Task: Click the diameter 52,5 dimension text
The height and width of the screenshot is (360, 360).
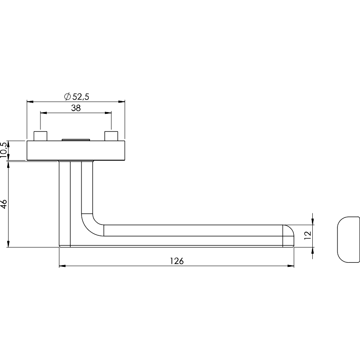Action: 76,97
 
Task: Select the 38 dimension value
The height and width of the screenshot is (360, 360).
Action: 76,108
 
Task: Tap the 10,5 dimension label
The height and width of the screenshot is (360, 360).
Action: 4,150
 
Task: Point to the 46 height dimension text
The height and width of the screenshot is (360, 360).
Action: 4,204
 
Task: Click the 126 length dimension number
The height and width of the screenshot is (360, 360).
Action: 177,261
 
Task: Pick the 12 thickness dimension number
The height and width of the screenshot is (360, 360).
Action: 307,235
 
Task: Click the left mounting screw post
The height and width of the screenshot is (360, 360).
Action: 40,136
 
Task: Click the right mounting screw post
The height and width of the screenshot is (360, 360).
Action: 111,136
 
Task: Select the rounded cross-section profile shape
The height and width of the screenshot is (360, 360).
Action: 348,239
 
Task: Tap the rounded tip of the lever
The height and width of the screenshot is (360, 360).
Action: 288,236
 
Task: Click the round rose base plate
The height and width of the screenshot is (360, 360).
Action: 76,150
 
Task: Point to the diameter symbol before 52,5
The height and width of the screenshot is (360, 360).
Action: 67,97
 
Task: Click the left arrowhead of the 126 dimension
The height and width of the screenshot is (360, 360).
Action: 62,266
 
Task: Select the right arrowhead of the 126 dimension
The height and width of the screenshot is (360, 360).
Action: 291,266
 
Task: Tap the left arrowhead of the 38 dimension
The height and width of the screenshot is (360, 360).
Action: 43,113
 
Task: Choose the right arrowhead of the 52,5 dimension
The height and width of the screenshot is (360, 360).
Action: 121,102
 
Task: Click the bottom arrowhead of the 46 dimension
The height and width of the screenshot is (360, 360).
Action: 8,244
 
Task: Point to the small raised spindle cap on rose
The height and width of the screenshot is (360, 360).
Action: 76,139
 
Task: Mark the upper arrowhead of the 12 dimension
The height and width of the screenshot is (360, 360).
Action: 312,221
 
